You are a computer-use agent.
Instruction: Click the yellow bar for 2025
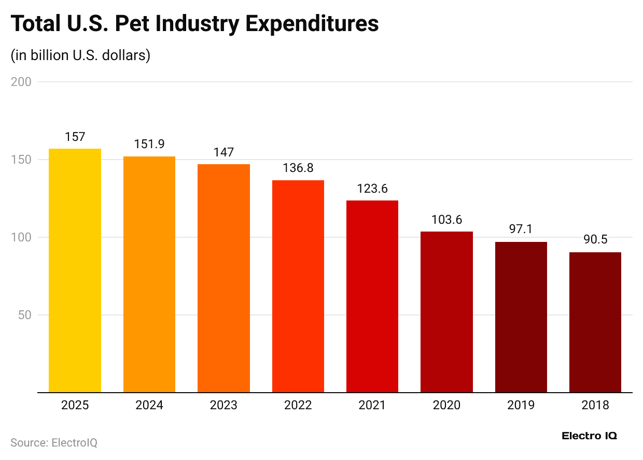(75, 270)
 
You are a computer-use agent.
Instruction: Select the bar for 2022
(298, 286)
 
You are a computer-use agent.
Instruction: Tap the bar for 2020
(446, 312)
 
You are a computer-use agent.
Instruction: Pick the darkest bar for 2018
(595, 322)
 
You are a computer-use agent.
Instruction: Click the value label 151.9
(149, 145)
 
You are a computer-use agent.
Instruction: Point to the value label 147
(223, 152)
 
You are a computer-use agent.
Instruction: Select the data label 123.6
(372, 189)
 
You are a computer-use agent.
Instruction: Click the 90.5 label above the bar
(595, 240)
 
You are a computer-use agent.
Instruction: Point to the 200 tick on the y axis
(21, 82)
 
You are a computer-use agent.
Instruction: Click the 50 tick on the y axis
(24, 315)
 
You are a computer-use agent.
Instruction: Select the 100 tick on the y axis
(21, 237)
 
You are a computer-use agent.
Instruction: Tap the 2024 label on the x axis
(149, 405)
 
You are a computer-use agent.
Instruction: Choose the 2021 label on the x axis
(372, 405)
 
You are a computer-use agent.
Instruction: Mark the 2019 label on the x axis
(521, 405)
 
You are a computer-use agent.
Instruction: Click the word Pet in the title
(136, 24)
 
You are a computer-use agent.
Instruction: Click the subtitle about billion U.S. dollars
(80, 55)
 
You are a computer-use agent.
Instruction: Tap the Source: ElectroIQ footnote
(54, 443)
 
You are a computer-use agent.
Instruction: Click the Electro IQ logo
(589, 436)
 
